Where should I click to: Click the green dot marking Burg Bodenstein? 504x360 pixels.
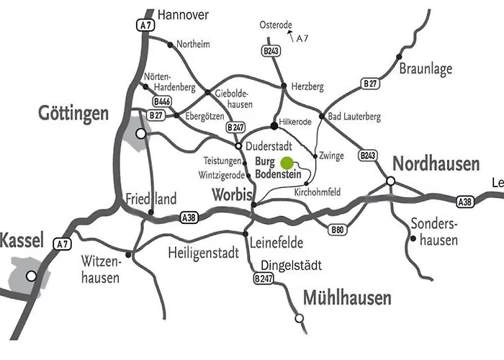pyautogui.click(x=287, y=163)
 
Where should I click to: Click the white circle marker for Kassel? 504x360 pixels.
pyautogui.click(x=31, y=276)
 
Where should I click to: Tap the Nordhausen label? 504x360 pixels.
pyautogui.click(x=437, y=163)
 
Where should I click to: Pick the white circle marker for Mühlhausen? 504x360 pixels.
pyautogui.click(x=299, y=318)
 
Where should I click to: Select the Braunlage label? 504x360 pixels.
pyautogui.click(x=426, y=69)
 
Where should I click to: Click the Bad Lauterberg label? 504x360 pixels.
pyautogui.click(x=354, y=117)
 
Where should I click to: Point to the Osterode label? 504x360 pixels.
pyautogui.click(x=276, y=25)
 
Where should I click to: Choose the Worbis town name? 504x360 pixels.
pyautogui.click(x=232, y=194)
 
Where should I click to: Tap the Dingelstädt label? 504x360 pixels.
pyautogui.click(x=292, y=265)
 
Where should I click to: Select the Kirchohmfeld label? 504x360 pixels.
pyautogui.click(x=318, y=193)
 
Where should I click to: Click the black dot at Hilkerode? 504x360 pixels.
pyautogui.click(x=274, y=126)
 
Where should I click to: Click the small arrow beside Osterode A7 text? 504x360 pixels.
pyautogui.click(x=290, y=33)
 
